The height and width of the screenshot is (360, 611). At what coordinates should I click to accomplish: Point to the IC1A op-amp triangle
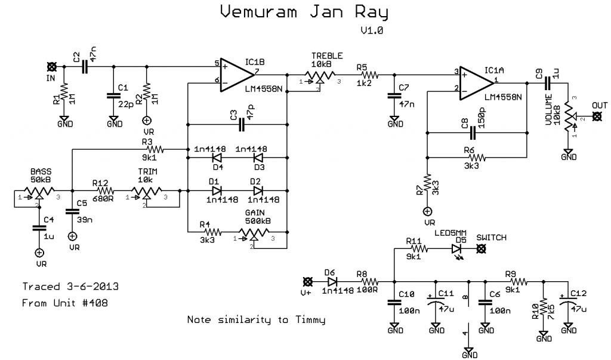point(476,82)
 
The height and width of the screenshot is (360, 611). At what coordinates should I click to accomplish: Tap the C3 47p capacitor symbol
point(241,125)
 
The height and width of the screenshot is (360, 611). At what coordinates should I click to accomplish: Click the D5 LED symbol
point(457,248)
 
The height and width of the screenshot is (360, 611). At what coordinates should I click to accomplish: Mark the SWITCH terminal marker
point(481,248)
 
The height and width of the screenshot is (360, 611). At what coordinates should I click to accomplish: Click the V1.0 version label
point(371,32)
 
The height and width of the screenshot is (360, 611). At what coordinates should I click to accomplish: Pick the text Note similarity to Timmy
point(256,320)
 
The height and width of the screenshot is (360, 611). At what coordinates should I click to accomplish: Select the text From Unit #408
point(66,303)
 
